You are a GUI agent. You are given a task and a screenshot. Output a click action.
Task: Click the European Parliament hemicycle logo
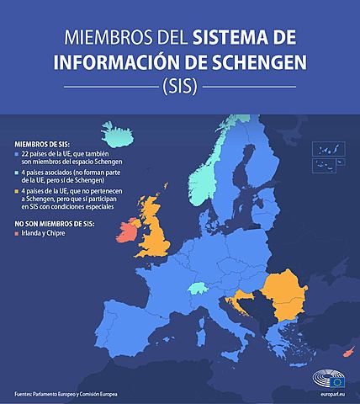click(x=323, y=377)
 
